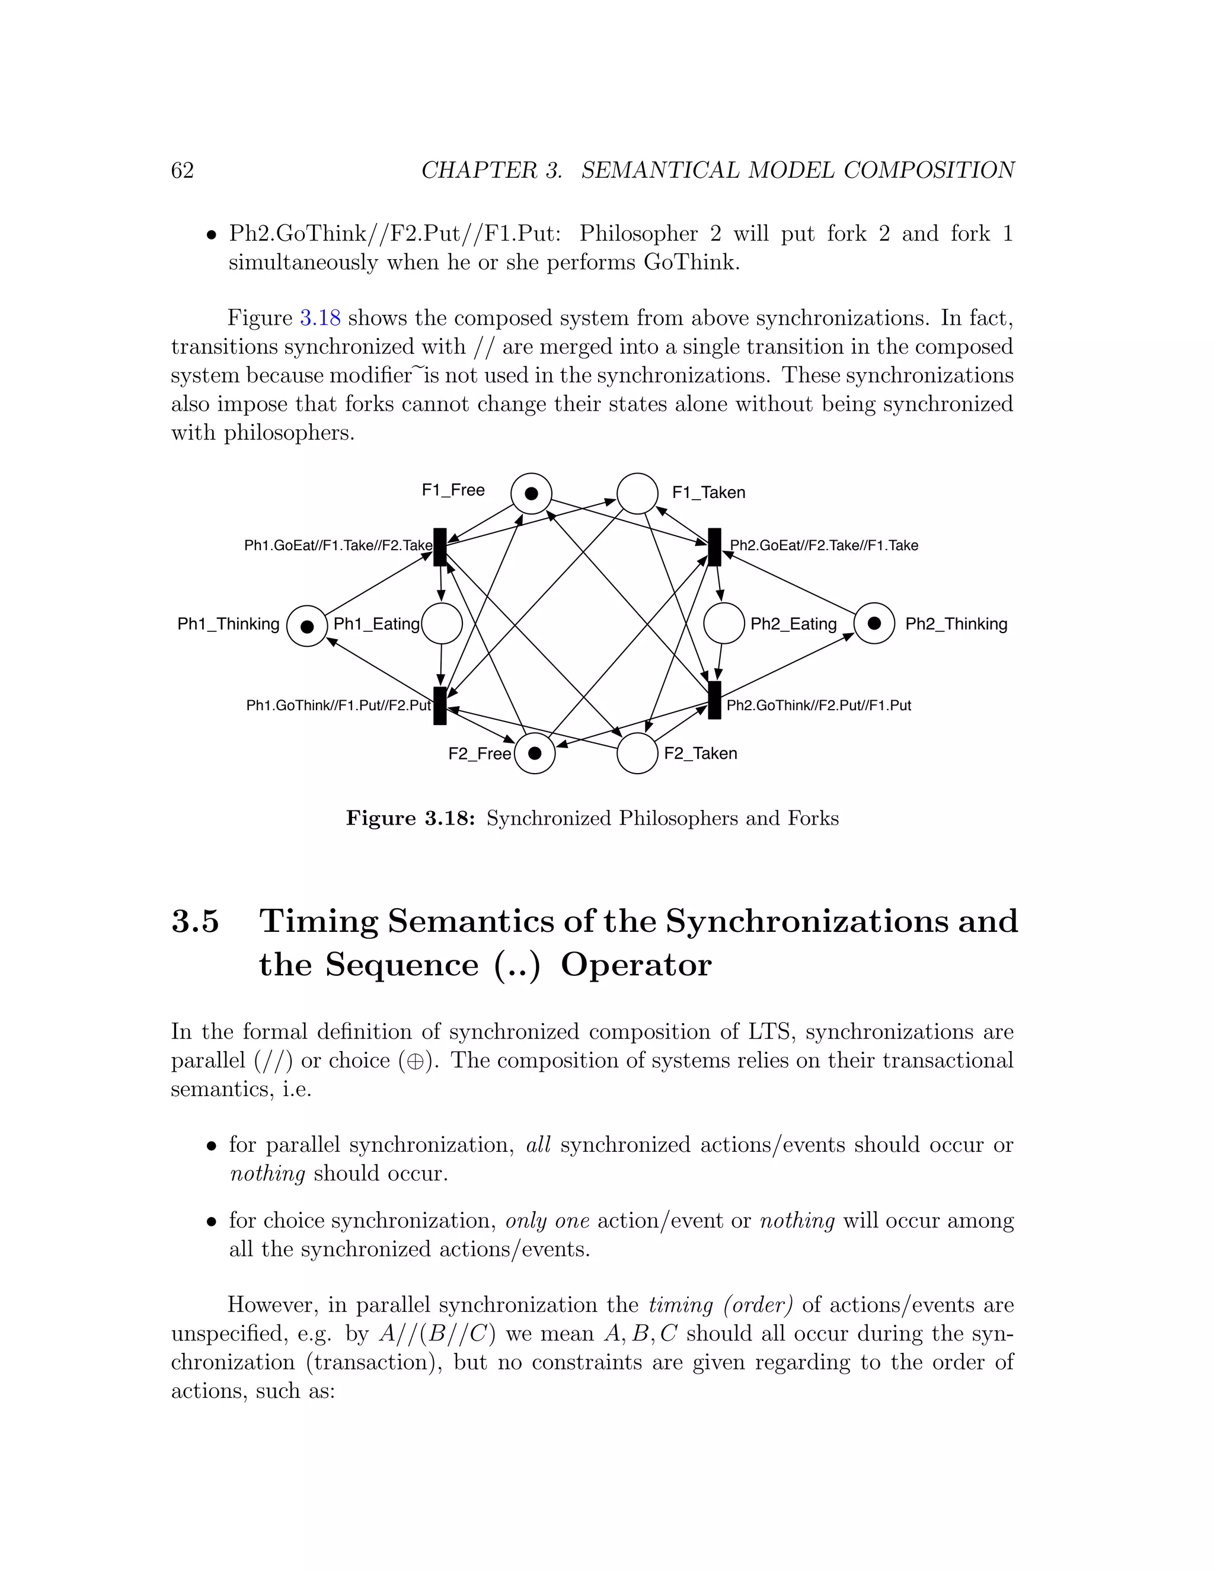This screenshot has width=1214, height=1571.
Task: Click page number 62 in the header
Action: coord(182,171)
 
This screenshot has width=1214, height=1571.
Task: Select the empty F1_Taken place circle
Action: coord(637,493)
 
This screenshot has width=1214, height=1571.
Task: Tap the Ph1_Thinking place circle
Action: coord(307,626)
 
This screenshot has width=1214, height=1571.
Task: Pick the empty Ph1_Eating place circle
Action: coord(442,624)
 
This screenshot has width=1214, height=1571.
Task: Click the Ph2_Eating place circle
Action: coord(724,624)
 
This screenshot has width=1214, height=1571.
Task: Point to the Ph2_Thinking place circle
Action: coord(874,623)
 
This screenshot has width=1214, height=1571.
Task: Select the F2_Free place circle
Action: coord(534,753)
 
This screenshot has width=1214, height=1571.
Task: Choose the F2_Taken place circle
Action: coord(637,753)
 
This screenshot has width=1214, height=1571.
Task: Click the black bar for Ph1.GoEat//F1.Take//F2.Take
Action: coord(440,547)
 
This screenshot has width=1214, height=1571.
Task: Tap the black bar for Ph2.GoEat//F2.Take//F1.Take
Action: coord(714,547)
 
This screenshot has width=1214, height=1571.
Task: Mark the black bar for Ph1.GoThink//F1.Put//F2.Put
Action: coord(440,705)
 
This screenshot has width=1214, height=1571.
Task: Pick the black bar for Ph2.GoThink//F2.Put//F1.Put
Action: coord(714,700)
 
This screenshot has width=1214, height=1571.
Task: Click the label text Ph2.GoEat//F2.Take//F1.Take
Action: coord(824,545)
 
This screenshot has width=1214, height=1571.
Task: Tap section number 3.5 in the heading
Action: coord(195,921)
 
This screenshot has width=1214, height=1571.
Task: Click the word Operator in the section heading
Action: coord(636,965)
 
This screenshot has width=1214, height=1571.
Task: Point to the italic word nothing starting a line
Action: coord(267,1173)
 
